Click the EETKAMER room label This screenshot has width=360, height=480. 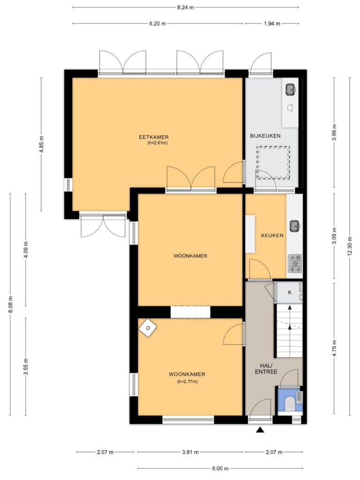pyautogui.click(x=154, y=137)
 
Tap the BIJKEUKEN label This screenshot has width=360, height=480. pyautogui.click(x=265, y=136)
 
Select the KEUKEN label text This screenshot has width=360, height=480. pyautogui.click(x=272, y=236)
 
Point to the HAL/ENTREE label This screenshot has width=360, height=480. pyautogui.click(x=266, y=369)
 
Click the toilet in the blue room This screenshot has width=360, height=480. pyautogui.click(x=289, y=404)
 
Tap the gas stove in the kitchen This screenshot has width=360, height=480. pyautogui.click(x=294, y=263)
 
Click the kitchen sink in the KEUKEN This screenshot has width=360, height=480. pyautogui.click(x=295, y=226)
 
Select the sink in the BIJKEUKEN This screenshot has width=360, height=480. pyautogui.click(x=291, y=90)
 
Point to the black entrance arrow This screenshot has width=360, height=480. pyautogui.click(x=260, y=430)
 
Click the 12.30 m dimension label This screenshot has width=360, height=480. pyautogui.click(x=350, y=246)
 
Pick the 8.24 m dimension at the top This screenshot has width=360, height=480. pyautogui.click(x=186, y=7)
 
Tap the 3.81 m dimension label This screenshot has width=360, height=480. pyautogui.click(x=190, y=452)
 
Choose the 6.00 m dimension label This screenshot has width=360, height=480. pyautogui.click(x=220, y=468)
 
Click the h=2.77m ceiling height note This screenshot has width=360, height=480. pyautogui.click(x=187, y=382)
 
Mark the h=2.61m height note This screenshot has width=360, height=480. pyautogui.click(x=157, y=143)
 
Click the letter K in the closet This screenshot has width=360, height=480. pyautogui.click(x=290, y=292)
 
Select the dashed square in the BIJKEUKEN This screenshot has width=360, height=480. pyautogui.click(x=273, y=163)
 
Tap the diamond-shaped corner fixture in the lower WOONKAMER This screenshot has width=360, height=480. pyautogui.click(x=148, y=328)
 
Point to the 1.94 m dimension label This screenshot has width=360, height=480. pyautogui.click(x=272, y=23)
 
